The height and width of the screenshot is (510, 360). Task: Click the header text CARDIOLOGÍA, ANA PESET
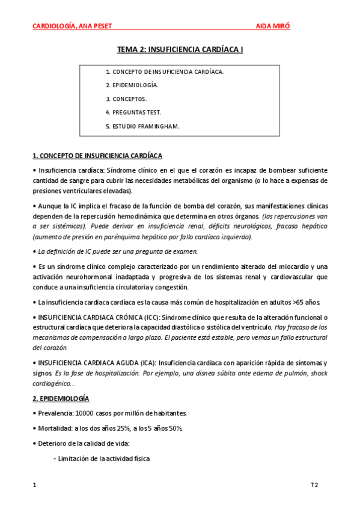tap(72, 26)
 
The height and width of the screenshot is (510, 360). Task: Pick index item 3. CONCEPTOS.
tap(126, 99)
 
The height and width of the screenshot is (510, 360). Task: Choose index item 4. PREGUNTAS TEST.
tap(133, 112)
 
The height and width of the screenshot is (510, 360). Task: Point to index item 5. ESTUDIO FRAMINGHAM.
tap(142, 126)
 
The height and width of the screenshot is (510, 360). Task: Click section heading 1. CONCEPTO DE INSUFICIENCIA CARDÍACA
tap(96, 156)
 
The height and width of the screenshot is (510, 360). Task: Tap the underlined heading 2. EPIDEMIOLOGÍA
tap(61, 399)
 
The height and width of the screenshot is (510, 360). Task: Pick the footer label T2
tap(314, 484)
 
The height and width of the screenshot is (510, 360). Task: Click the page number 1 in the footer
tap(34, 484)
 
